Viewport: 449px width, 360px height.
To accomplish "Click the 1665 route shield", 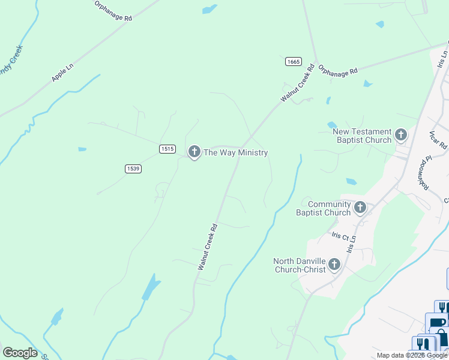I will pos(293,61).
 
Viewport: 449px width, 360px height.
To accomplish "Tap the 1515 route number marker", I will pos(167,148).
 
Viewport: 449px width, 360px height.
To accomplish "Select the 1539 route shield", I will pos(133,169).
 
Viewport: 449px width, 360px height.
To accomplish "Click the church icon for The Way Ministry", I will pos(194,152).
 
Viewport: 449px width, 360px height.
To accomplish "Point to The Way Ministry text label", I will pos(235,153).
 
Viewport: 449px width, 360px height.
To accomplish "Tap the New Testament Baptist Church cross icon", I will pos(401,135).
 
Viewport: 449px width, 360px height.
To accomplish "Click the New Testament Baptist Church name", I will pos(362,136).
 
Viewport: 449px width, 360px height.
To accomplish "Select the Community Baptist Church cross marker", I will pos(360,208).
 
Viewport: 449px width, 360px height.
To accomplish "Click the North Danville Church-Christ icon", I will pos(334,264).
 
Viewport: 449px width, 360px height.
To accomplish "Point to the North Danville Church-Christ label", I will pos(300,265).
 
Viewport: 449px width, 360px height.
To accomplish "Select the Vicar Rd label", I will pos(439,139).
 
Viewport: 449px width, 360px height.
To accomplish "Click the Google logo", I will pos(20,352).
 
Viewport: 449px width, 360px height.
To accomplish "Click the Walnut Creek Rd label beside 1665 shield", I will pos(298,83).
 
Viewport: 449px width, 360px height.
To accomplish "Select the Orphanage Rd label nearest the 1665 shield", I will pos(337,70).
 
